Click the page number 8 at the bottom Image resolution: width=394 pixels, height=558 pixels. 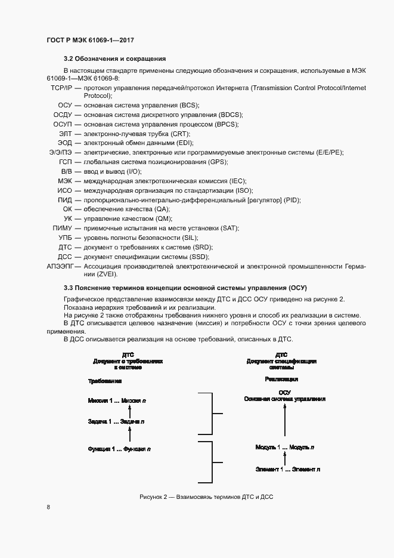pyautogui.click(x=48, y=507)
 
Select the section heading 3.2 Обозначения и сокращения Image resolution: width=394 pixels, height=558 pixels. pyautogui.click(x=114, y=58)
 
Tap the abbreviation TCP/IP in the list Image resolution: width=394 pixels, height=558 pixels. pyautogui.click(x=61, y=88)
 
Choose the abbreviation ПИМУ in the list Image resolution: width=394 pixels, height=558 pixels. pyautogui.click(x=62, y=228)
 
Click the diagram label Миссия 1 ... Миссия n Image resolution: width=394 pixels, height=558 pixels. pyautogui.click(x=117, y=401)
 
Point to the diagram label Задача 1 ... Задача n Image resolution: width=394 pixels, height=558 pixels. pyautogui.click(x=116, y=421)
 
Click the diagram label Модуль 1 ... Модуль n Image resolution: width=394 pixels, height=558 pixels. pyautogui.click(x=285, y=447)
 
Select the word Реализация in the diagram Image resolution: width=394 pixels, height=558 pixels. pyautogui.click(x=281, y=380)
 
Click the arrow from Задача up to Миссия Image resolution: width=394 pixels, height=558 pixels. pyautogui.click(x=131, y=411)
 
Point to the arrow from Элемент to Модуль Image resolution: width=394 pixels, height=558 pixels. pyautogui.click(x=285, y=458)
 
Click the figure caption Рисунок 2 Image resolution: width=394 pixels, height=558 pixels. pyautogui.click(x=201, y=497)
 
